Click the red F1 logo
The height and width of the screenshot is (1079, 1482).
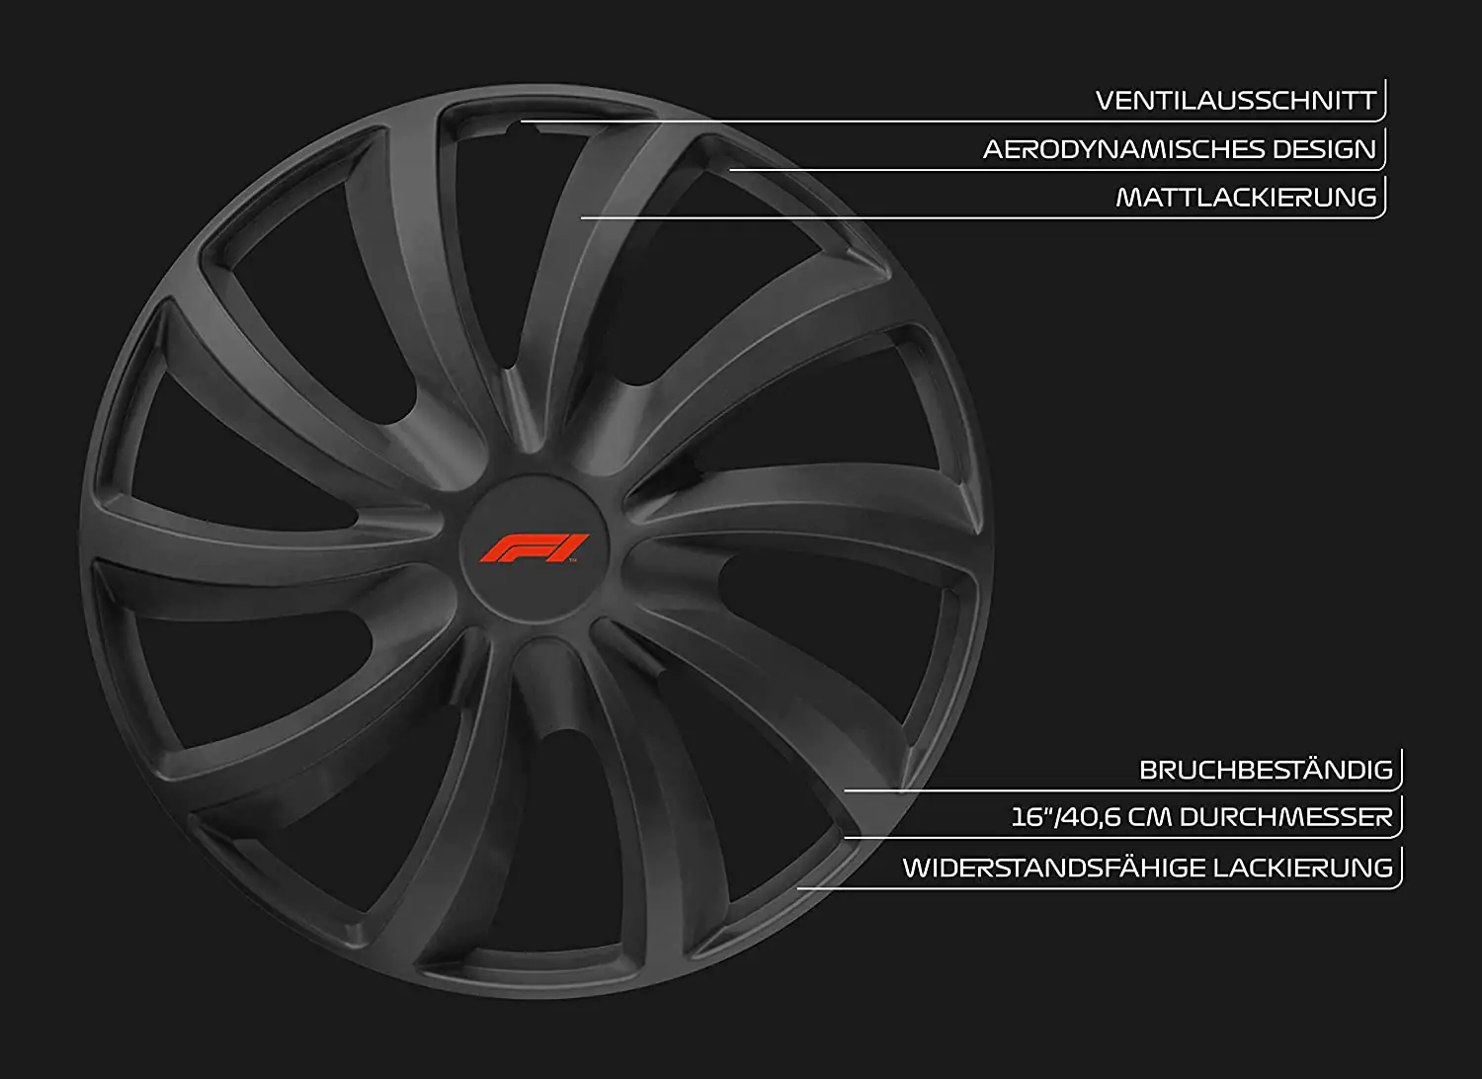coord(534,547)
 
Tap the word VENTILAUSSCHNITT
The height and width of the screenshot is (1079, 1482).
coord(1235,101)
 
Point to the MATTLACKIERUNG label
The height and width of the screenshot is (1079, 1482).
coord(1246,198)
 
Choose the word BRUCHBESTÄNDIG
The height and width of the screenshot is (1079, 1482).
coord(1266,770)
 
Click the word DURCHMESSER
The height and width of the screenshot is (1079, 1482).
coord(1285,817)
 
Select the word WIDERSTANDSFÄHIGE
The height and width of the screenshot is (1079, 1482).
coord(1053,868)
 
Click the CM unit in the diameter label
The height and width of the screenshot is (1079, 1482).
coord(1150,817)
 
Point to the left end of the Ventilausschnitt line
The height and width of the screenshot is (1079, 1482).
coord(523,122)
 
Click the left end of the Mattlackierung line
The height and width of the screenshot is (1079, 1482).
coord(582,217)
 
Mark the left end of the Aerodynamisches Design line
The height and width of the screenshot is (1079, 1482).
coord(730,170)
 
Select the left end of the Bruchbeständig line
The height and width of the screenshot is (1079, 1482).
coord(846,790)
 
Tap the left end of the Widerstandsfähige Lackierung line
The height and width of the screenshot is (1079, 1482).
coord(798,888)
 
